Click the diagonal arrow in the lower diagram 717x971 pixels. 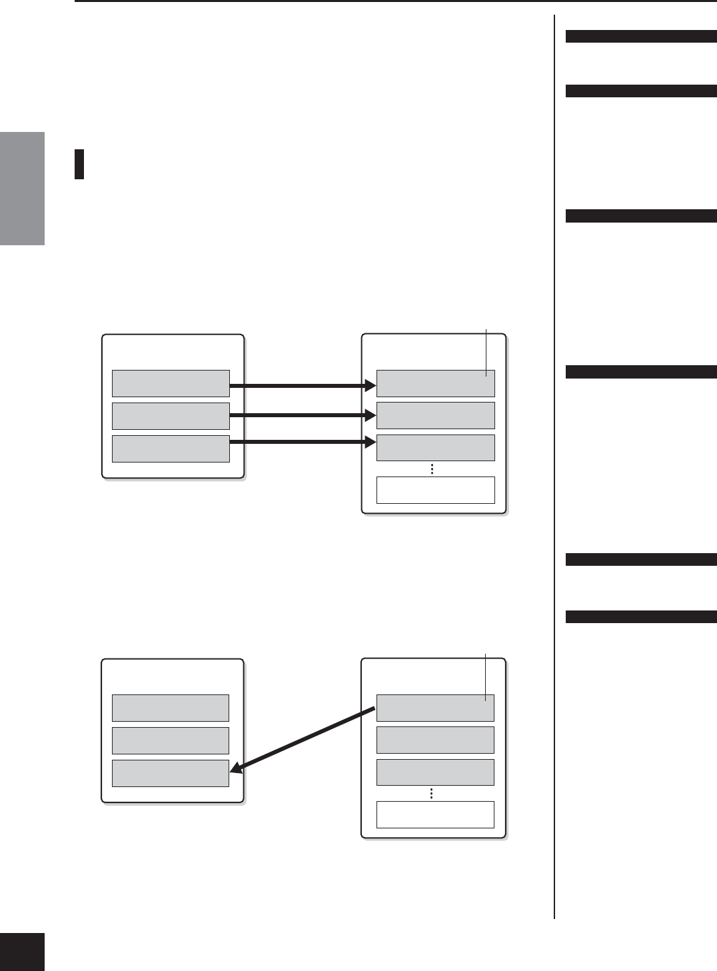[304, 740]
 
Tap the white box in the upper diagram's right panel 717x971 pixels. [435, 490]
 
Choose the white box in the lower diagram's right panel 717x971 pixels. [435, 814]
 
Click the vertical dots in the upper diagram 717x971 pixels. [432, 469]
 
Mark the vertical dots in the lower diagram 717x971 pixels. [432, 793]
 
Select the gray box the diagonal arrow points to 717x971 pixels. [170, 773]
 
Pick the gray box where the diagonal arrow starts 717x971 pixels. [435, 708]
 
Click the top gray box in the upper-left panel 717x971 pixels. [171, 383]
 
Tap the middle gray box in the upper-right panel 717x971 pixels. [435, 415]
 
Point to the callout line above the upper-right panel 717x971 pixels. [486, 352]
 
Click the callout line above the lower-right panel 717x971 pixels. [486, 676]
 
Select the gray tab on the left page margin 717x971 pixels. [22, 189]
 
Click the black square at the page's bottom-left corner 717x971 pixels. [22, 952]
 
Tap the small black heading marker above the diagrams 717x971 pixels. [79, 165]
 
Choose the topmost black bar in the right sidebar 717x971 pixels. [640, 37]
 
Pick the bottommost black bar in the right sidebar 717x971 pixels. [640, 617]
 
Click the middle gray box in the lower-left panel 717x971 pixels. [170, 740]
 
